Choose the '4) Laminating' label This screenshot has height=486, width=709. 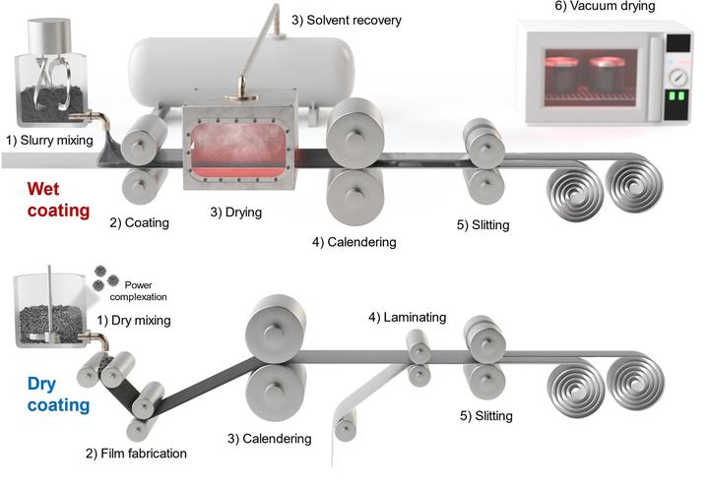coord(407,317)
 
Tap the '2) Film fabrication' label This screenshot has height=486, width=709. coord(137,453)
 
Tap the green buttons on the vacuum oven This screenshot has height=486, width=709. coord(677,97)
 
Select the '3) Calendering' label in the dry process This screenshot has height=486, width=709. coord(269,438)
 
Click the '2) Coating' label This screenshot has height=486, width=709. coord(140,222)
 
